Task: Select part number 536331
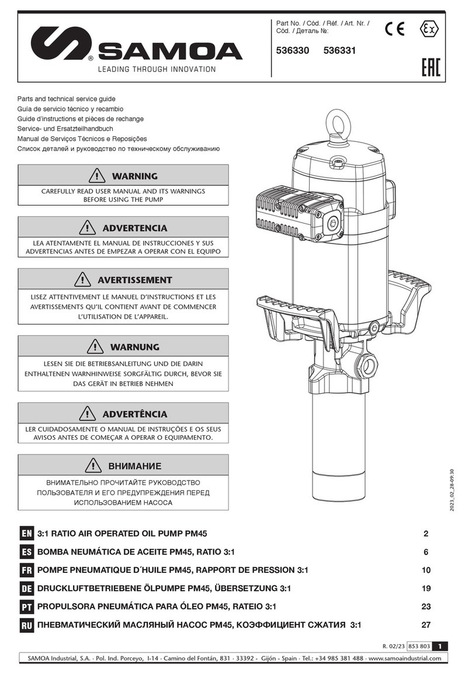339,51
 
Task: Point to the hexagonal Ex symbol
429,29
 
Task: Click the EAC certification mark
431,67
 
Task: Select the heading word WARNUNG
134,348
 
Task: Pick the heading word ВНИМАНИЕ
134,466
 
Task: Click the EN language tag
27,533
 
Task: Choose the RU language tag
27,624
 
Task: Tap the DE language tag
27,588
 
